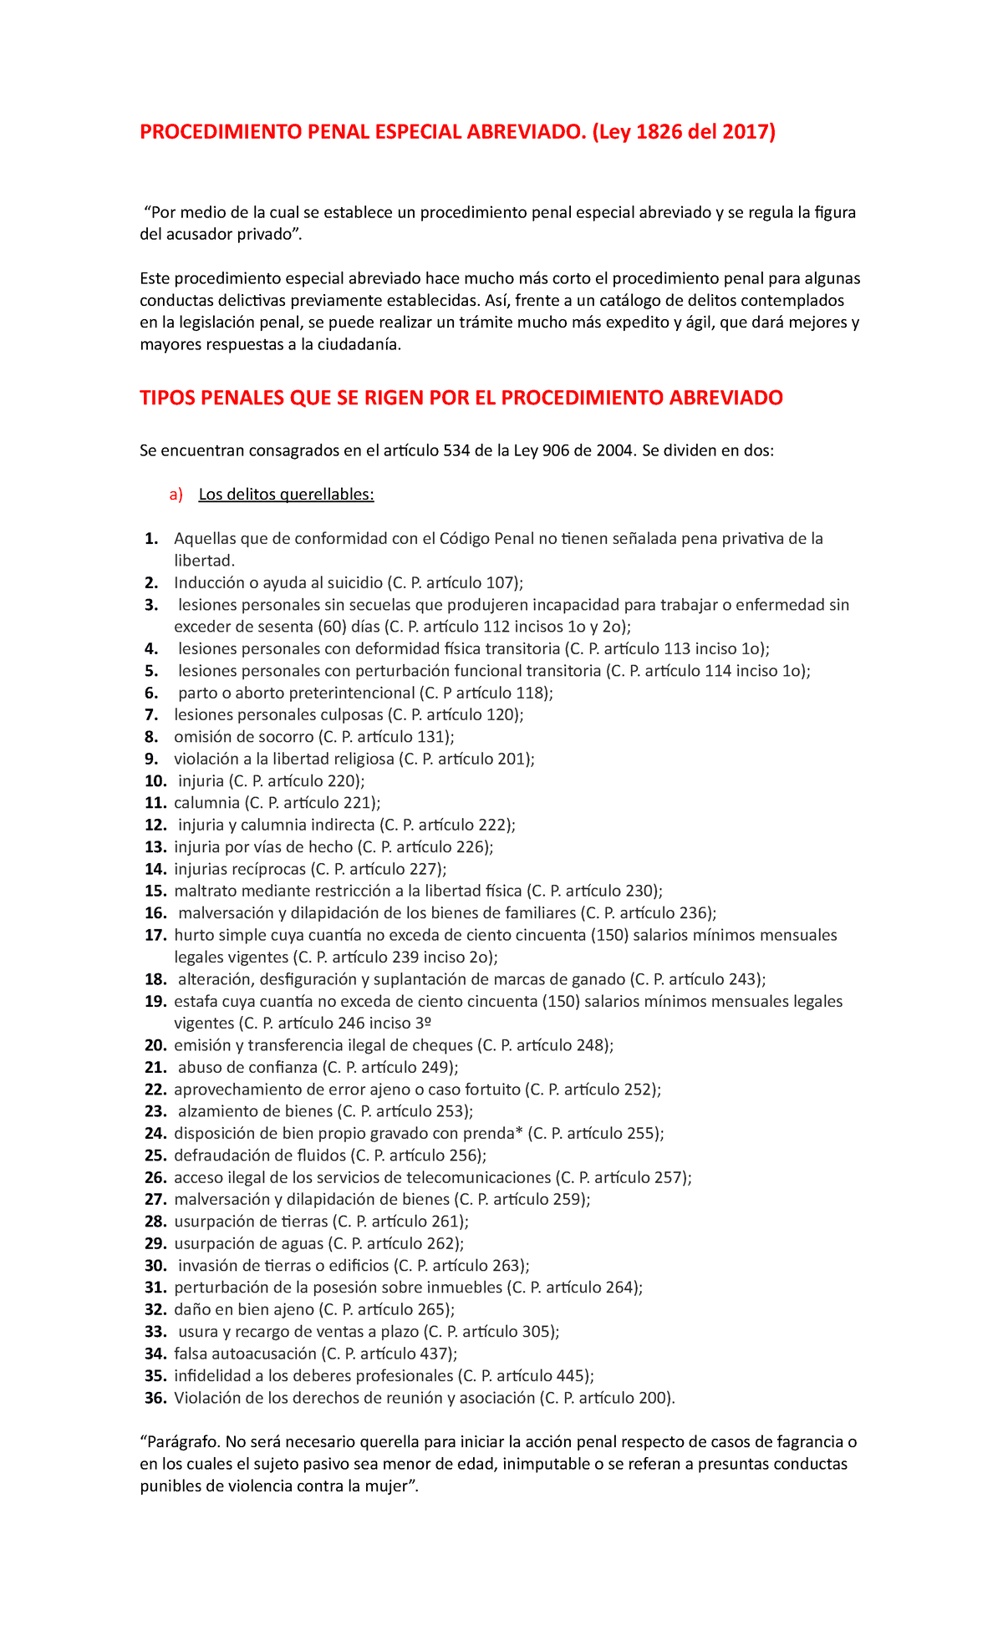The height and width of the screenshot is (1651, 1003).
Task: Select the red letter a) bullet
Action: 175,495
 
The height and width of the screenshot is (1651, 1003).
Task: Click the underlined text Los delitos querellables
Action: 286,495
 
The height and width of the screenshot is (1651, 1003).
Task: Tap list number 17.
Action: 155,935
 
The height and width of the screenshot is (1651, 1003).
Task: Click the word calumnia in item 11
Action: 206,803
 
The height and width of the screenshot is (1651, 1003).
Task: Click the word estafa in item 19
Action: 193,1001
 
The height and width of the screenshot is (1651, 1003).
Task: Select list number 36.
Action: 155,1398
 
